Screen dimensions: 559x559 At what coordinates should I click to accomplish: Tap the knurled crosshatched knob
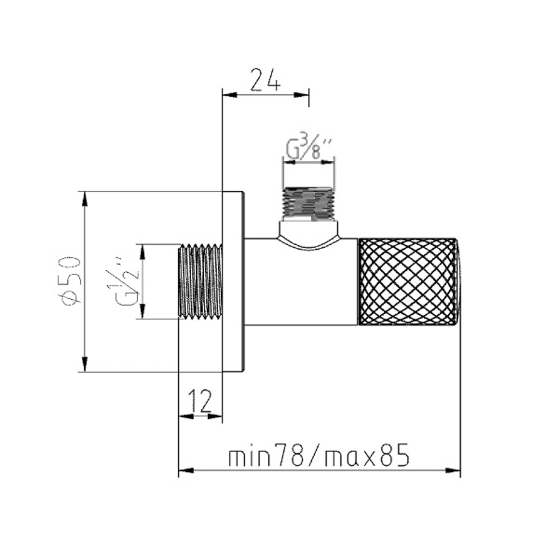point(408,281)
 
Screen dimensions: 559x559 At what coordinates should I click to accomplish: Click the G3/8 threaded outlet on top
point(308,204)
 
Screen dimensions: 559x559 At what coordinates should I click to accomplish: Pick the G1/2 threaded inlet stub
point(200,281)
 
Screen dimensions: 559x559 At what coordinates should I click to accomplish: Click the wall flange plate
point(234,281)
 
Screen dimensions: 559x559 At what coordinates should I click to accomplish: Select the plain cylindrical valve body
point(301,281)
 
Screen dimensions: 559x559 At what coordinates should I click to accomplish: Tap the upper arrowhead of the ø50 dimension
point(84,199)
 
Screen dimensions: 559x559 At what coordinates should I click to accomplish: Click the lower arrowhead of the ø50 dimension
point(84,365)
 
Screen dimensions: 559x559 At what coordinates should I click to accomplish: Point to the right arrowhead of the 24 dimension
point(301,95)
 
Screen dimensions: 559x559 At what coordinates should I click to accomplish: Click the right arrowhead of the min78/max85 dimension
point(453,471)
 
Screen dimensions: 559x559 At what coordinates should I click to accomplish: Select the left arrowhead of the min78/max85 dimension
point(186,471)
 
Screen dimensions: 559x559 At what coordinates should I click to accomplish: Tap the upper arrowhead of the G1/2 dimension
point(142,252)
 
